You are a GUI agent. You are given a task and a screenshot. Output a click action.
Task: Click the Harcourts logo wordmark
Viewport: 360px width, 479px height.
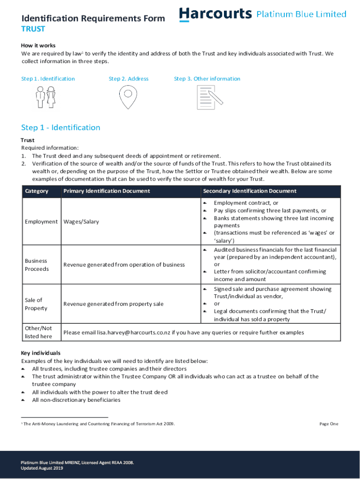point(216,14)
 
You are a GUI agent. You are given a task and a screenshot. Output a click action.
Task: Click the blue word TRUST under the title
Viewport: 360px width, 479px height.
point(33,29)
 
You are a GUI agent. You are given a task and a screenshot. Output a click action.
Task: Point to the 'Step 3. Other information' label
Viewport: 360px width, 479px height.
point(207,79)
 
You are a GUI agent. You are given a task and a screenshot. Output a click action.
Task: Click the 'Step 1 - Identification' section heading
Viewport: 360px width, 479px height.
point(60,128)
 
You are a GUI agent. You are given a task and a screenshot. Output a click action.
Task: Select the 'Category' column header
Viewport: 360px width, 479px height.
point(36,191)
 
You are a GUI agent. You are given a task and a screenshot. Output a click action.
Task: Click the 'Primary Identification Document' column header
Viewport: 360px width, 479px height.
point(107,191)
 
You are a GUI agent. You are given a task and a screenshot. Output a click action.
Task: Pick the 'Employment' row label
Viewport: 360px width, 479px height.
point(41,222)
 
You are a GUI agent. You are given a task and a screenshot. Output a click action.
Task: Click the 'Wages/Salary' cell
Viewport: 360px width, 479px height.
point(81,222)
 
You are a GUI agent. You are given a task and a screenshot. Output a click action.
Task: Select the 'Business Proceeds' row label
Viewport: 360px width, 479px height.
point(36,265)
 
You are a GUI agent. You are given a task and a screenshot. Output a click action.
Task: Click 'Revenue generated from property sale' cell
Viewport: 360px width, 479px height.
point(114,304)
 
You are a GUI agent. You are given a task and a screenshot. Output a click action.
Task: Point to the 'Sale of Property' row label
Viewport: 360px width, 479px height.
point(36,304)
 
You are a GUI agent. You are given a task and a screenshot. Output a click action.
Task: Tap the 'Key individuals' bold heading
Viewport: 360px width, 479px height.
point(41,353)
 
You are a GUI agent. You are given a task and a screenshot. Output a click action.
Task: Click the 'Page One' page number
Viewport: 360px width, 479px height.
point(329,424)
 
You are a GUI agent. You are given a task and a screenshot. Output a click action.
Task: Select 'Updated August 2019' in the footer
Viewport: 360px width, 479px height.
point(42,468)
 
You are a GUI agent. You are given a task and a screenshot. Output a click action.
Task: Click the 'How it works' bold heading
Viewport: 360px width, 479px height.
point(38,45)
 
